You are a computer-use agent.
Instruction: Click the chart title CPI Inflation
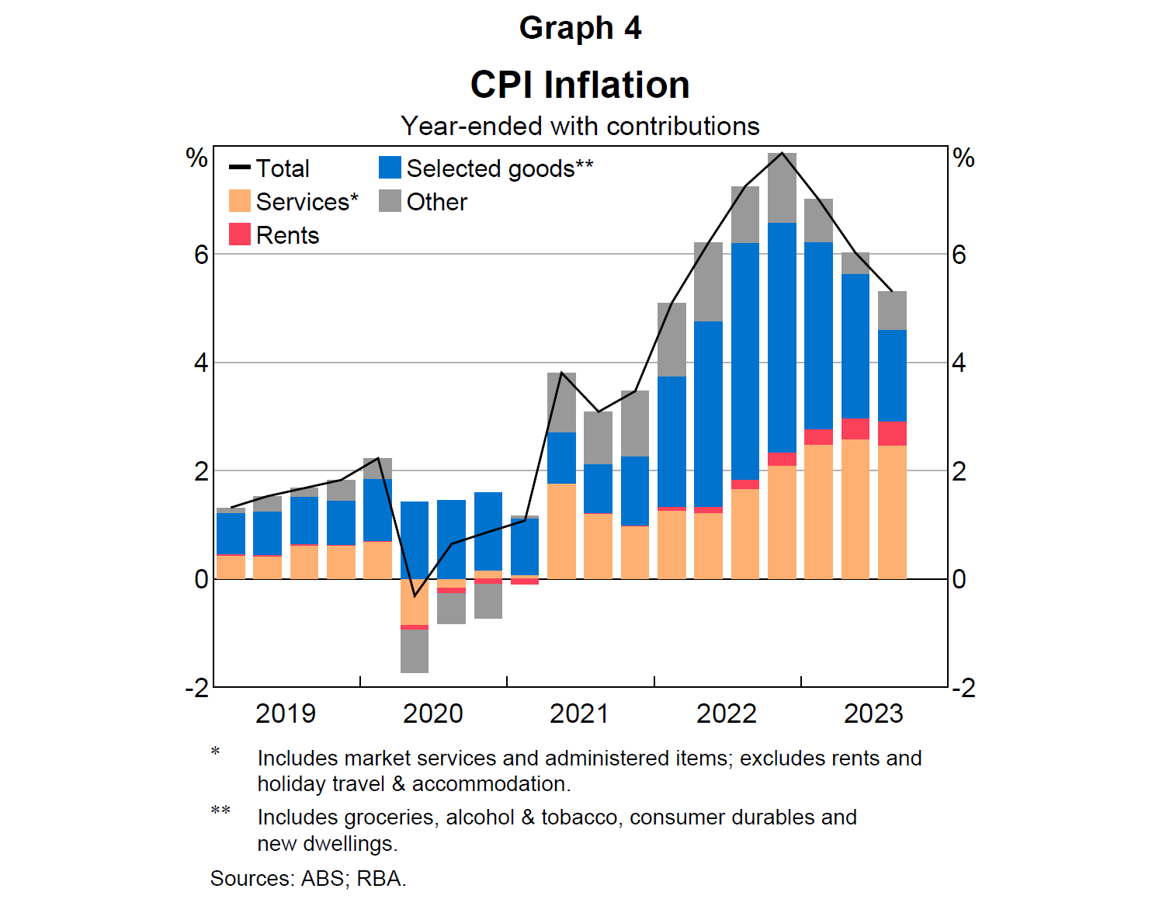[x=580, y=85]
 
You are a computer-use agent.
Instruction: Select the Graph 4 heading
[x=580, y=28]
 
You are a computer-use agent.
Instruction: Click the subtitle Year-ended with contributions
[x=580, y=126]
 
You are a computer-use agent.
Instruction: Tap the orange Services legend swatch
[x=240, y=202]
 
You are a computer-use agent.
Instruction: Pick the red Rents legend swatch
[x=240, y=234]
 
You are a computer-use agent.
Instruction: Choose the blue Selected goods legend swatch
[x=390, y=168]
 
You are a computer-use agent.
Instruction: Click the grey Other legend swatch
[x=390, y=202]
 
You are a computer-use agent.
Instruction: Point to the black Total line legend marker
[x=240, y=168]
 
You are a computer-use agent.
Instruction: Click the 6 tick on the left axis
[x=201, y=255]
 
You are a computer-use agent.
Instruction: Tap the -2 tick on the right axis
[x=963, y=688]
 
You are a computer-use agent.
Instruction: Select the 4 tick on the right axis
[x=959, y=363]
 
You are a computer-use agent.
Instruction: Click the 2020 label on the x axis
[x=432, y=713]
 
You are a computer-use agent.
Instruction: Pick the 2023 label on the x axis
[x=873, y=713]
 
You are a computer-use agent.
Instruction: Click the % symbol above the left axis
[x=196, y=158]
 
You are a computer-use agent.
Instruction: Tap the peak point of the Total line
[x=782, y=153]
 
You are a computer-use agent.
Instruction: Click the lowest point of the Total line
[x=415, y=596]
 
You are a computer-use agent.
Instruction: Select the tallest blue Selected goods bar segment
[x=782, y=338]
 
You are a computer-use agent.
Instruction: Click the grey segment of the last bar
[x=892, y=311]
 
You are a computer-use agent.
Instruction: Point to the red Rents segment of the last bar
[x=892, y=433]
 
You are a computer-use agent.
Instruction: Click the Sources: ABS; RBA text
[x=308, y=878]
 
